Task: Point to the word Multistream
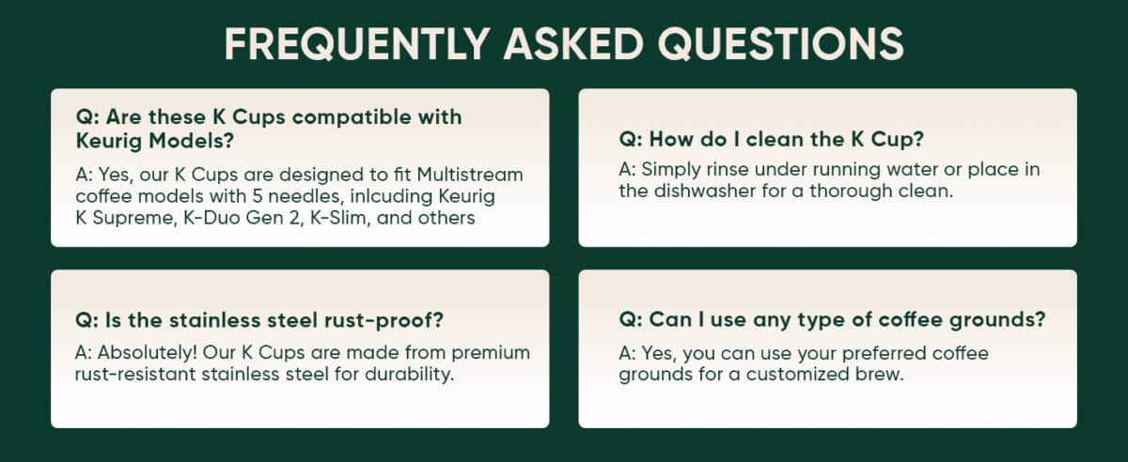coord(468,175)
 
